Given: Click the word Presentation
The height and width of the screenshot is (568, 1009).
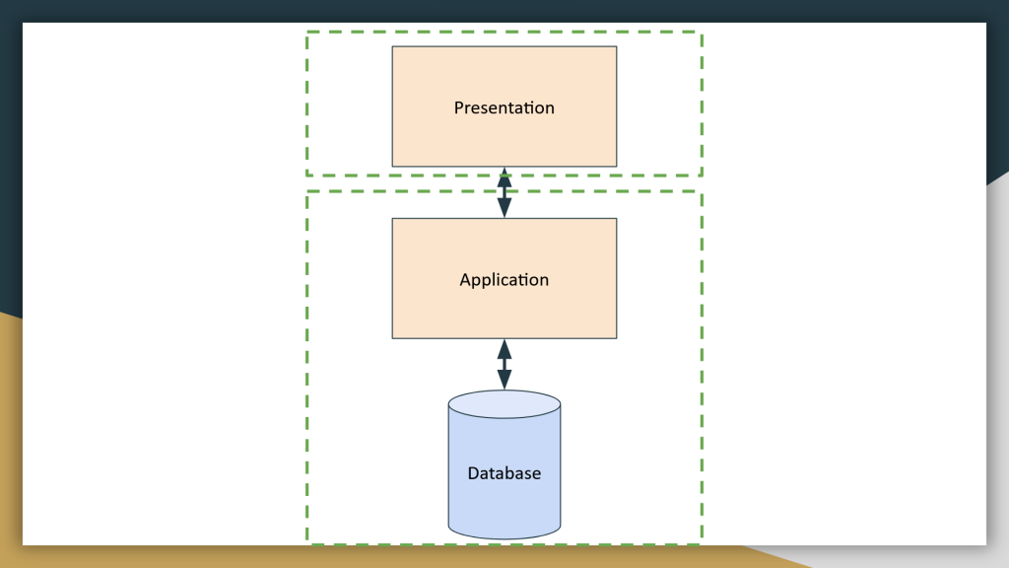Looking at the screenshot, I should (504, 107).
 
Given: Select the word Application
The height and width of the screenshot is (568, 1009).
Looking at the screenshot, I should (504, 280).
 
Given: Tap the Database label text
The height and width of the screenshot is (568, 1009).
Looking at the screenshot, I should (504, 473).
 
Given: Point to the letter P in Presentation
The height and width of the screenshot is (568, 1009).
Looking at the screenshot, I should (459, 107).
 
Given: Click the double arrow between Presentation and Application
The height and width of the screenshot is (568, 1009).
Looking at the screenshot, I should (504, 192).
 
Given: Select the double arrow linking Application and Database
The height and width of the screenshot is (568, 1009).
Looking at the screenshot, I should (504, 364).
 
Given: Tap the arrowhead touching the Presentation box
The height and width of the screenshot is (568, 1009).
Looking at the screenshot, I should (504, 177).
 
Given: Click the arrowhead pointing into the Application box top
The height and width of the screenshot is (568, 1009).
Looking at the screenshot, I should (504, 208).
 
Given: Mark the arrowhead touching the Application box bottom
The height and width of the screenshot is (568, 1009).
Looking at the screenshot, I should (504, 349).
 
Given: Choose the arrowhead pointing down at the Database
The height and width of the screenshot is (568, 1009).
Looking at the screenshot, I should (504, 380).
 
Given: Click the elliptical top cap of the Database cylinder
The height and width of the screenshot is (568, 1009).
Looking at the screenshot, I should (504, 404).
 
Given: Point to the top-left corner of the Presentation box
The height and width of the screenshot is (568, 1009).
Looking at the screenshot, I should (393, 47).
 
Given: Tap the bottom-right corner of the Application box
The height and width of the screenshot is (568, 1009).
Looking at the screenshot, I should (616, 338).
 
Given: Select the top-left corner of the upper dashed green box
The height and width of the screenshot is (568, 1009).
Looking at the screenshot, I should (307, 33).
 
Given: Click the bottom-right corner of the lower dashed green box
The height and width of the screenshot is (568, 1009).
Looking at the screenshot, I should (702, 542).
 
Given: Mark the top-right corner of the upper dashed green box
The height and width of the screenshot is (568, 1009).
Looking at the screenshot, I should (702, 33).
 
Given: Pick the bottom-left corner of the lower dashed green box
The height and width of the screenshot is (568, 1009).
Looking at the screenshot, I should (307, 542).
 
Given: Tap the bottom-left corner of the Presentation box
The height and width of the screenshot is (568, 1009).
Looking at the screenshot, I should (393, 166).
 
